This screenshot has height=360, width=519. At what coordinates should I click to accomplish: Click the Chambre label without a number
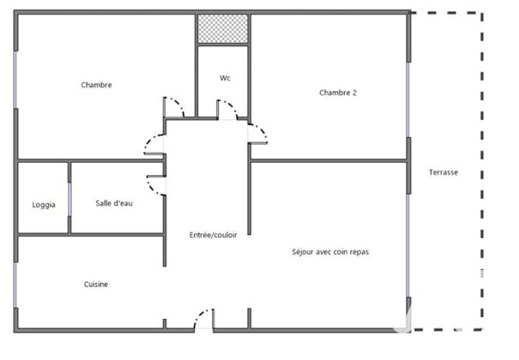point(96,85)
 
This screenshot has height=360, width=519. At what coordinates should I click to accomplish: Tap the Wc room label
point(225,78)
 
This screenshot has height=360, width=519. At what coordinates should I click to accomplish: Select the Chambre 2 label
point(337,93)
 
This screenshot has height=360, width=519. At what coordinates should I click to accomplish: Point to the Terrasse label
point(444,172)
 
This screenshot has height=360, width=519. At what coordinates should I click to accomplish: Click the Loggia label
point(44,204)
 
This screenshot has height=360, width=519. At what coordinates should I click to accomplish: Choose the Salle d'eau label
point(114,203)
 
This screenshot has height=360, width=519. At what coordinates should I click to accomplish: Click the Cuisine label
point(95,285)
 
